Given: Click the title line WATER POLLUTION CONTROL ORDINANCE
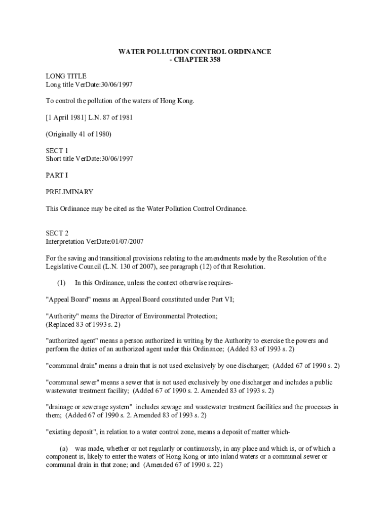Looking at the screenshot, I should coord(195,52).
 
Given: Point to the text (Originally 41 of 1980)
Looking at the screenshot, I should coord(79,134).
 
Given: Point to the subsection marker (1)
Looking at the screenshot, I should coord(61,283).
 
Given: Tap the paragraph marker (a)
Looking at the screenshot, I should coord(64,449).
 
